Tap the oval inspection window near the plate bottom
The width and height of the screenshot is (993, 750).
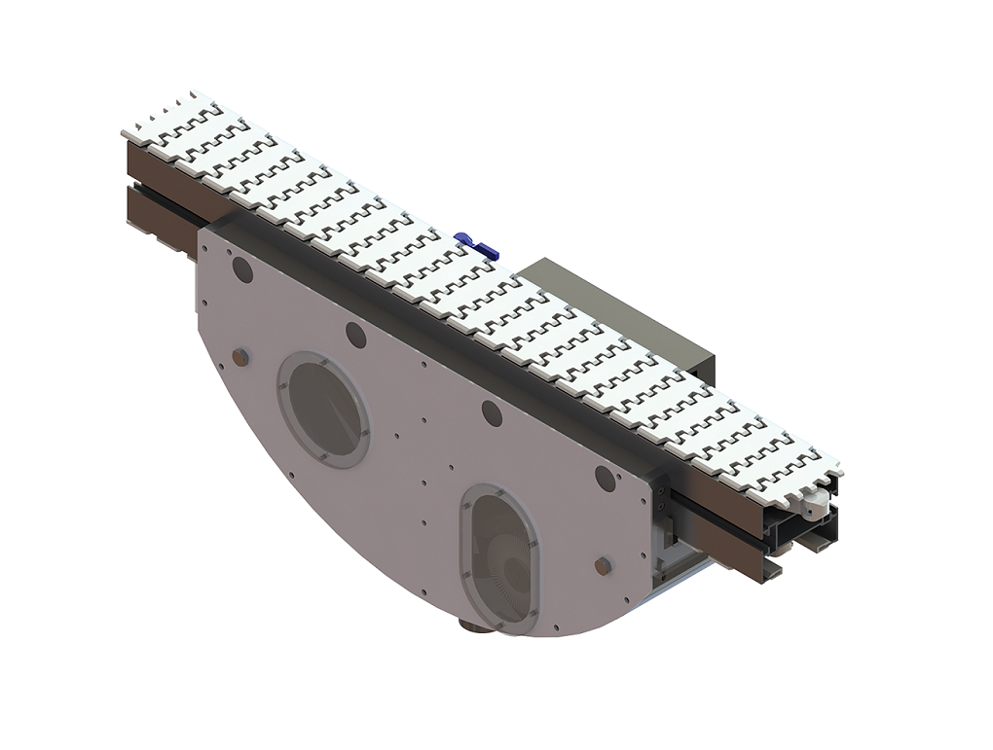(500, 559)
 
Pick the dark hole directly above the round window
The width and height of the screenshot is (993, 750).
(356, 335)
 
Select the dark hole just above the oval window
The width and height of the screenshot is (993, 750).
(492, 413)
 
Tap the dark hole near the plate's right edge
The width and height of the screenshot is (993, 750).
(605, 478)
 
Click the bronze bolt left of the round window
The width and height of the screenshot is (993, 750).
(240, 357)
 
